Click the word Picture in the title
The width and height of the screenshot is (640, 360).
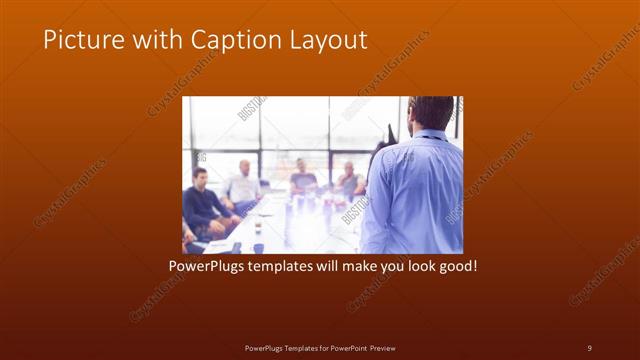79,40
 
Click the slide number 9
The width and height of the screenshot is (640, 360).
589,347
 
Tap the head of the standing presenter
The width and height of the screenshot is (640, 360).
432,113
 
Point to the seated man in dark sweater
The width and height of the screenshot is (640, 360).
200,200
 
